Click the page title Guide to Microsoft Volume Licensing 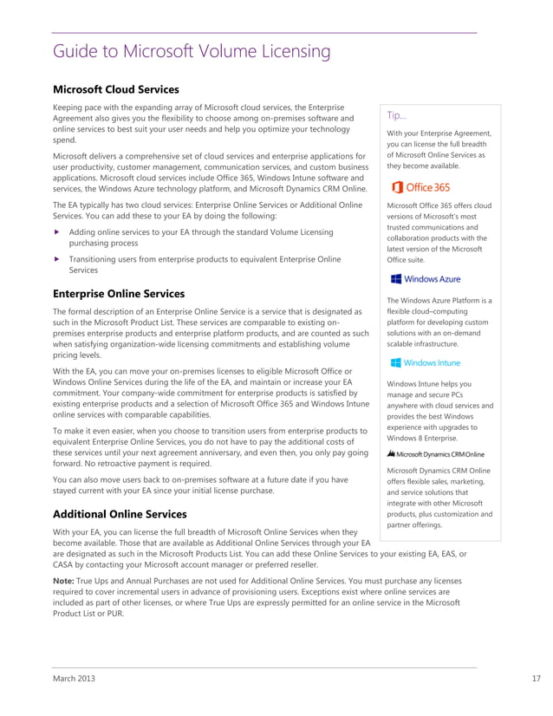192,52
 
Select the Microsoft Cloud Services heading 116,89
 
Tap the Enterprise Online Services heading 119,294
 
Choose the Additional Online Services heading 120,514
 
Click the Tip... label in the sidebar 397,115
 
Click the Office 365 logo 420,187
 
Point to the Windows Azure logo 425,279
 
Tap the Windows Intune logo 425,363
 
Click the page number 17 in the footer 536,679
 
